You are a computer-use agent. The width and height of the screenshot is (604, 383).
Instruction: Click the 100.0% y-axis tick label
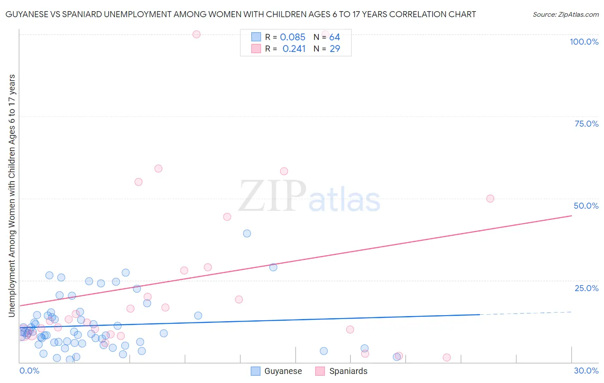coord(584,42)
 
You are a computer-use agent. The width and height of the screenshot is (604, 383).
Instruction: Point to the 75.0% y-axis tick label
coord(586,124)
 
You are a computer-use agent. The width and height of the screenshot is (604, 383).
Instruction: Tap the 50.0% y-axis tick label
coord(586,206)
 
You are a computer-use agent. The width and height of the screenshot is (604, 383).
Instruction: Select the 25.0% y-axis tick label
coord(586,288)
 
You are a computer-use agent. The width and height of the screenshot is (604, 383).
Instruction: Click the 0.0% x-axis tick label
coord(29,371)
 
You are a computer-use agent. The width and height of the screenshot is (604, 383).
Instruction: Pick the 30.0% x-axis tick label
coord(586,371)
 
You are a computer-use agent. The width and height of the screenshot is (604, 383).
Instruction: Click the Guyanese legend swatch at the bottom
coord(256,371)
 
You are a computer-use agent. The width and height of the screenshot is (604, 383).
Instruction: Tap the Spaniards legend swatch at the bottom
coord(320,371)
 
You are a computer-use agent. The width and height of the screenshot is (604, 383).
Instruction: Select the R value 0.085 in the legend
coord(293,37)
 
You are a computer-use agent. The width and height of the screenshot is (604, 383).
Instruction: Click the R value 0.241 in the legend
coord(294,49)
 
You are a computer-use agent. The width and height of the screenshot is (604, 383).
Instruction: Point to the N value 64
coord(335,37)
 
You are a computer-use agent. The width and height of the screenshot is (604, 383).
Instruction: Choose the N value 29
coord(335,49)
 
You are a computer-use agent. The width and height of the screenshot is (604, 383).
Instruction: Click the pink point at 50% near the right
coord(490,198)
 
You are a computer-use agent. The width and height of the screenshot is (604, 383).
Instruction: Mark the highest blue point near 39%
coord(247,234)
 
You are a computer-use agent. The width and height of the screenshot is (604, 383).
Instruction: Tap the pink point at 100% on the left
coord(196,34)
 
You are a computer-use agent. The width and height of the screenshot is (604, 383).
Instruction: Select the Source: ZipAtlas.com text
coord(565,14)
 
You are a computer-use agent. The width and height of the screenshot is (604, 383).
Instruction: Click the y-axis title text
coord(12,195)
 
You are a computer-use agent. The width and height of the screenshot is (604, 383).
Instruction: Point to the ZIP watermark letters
coord(272,197)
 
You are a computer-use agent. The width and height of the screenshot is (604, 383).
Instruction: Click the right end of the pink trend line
coord(571,216)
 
